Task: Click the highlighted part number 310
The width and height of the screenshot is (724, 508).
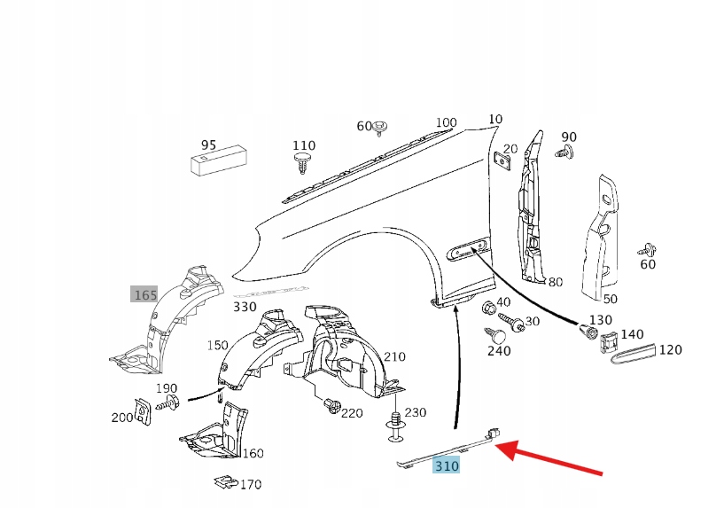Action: point(447,465)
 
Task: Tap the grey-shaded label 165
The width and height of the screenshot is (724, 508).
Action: point(144,294)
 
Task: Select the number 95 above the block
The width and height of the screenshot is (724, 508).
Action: point(208,145)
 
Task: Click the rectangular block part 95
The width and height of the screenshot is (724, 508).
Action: point(217,163)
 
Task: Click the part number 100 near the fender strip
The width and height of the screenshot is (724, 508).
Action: point(446,123)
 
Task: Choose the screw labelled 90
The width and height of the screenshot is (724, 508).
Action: point(564,153)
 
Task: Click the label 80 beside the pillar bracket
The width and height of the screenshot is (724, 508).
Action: point(556,283)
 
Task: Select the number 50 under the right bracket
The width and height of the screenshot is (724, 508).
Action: point(611,300)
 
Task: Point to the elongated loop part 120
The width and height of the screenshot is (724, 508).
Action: point(632,351)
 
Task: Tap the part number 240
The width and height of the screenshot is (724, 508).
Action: point(499,351)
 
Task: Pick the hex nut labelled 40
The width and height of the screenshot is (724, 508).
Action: point(488,309)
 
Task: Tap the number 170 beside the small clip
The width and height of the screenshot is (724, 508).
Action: point(251,485)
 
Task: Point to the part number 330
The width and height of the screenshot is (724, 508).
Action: point(245,308)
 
